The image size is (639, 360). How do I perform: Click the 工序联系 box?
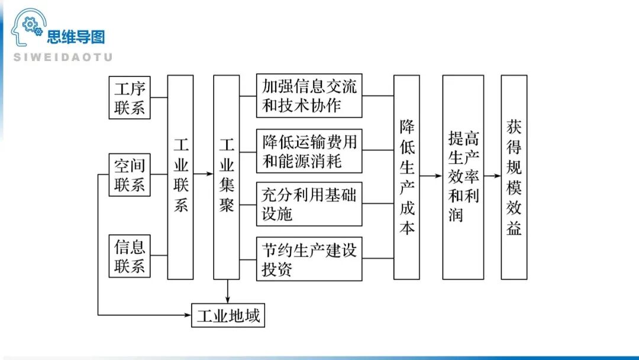130,97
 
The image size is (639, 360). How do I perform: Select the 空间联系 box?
130,175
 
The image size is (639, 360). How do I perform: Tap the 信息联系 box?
130,255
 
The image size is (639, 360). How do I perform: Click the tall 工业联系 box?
180,176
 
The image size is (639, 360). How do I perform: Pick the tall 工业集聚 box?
227,176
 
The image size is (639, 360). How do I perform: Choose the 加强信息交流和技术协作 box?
309,95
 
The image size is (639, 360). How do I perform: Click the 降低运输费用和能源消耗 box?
309,150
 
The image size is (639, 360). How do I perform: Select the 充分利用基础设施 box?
309,204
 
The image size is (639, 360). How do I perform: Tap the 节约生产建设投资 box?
309,259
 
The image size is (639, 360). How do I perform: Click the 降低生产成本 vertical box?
406,176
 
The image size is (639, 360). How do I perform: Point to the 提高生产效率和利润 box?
463,176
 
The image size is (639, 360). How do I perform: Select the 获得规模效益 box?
514,176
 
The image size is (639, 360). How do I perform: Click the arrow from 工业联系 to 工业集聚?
203,174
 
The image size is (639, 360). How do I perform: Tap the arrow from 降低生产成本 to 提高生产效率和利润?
431,176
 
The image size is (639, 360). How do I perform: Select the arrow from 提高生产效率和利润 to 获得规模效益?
492,176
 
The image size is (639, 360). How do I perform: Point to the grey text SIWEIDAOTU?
63,57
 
